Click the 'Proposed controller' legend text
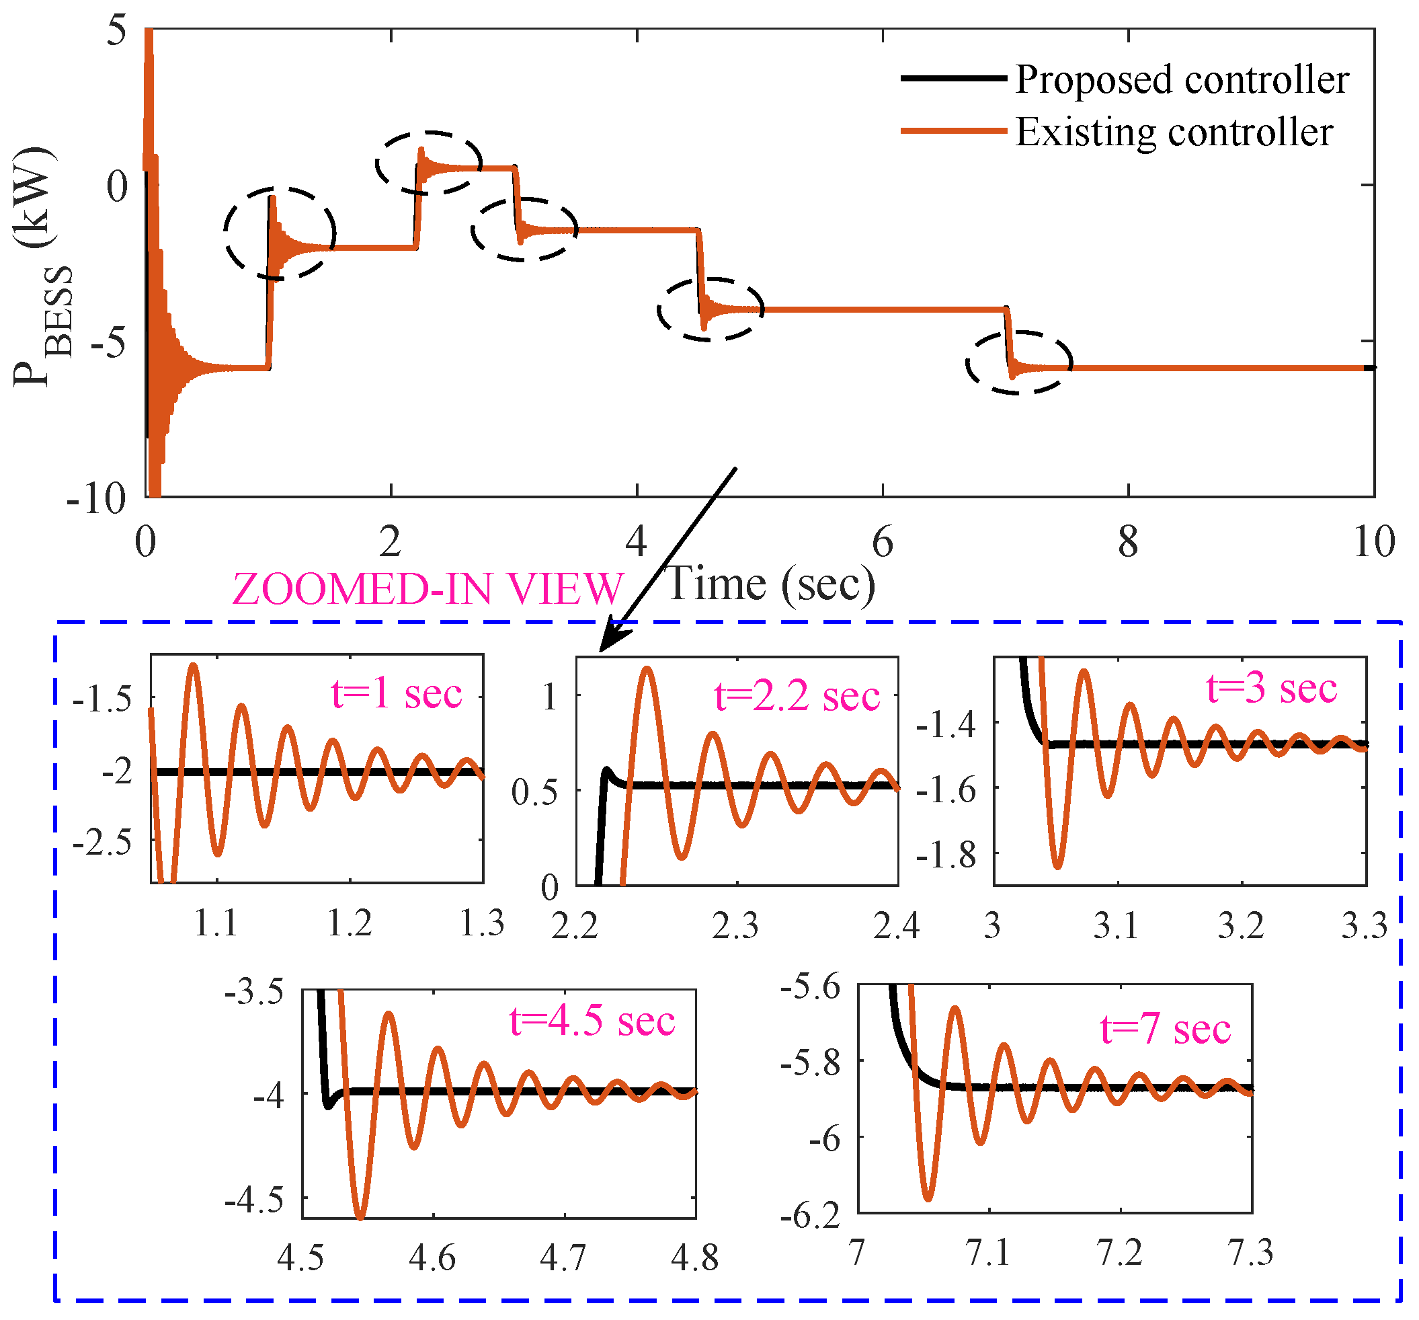coord(1181,79)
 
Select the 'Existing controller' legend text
coord(1174,132)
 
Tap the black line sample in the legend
coord(953,78)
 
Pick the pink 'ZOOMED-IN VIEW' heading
coord(428,590)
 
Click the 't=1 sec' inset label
coord(396,694)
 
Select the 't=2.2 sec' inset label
coord(797,696)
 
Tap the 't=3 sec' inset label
coord(1271,689)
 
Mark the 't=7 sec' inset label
coord(1166,1030)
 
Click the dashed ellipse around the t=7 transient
coord(1019,362)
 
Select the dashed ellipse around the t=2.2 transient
coord(429,163)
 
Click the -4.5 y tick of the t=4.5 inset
coord(254,1202)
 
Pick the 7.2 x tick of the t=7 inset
coord(1119,1253)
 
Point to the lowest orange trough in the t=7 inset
coord(928,1199)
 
